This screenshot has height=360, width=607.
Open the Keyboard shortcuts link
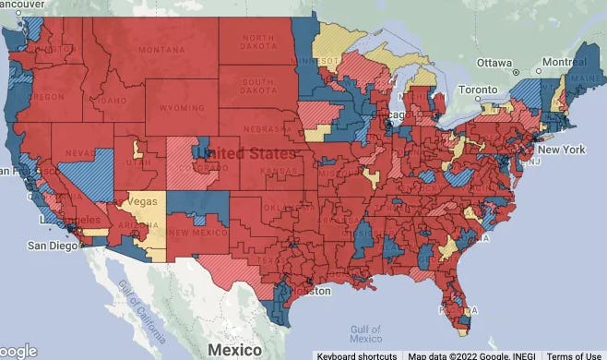coord(357,355)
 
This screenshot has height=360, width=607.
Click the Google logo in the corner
coord(18,350)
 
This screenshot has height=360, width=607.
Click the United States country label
coord(251,152)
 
